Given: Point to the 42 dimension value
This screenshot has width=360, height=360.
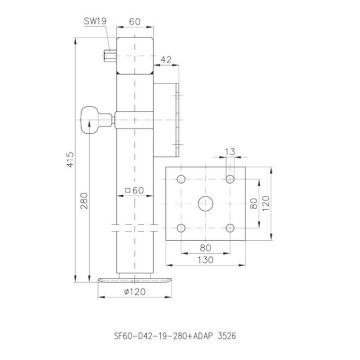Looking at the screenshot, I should click(x=166, y=61).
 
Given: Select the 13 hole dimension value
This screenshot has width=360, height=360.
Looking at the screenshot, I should click(x=231, y=153).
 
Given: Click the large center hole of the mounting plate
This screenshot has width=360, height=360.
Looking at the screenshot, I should click(x=205, y=203).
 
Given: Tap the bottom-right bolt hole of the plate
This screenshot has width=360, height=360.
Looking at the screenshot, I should click(x=230, y=228).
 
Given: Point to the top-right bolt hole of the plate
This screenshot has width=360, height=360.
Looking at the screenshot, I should click(x=230, y=180).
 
